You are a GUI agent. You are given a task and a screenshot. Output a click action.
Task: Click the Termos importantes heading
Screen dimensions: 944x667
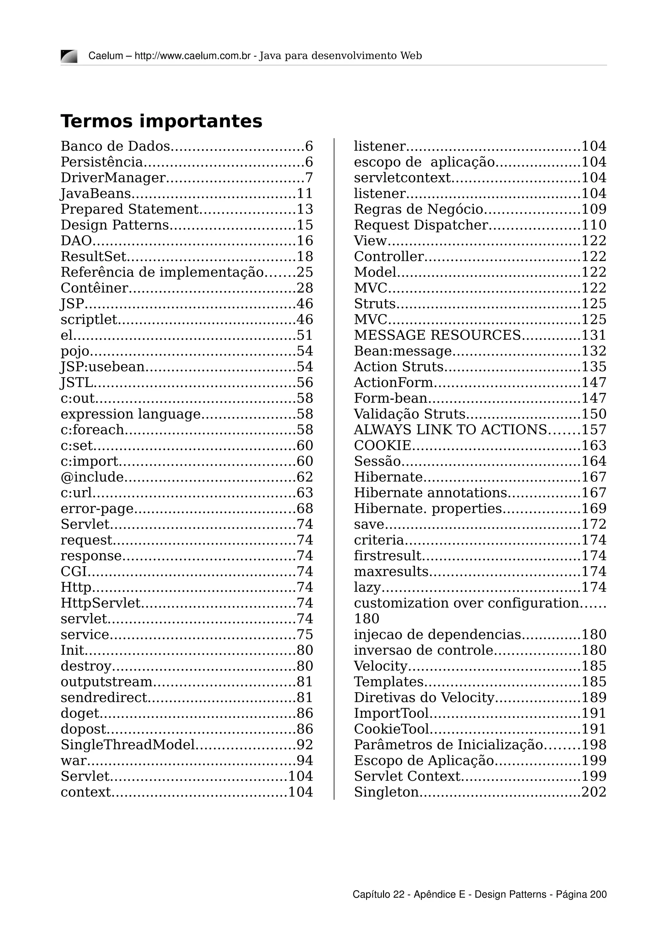tap(161, 121)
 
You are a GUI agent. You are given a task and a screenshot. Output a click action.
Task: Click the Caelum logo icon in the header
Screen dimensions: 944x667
tap(69, 56)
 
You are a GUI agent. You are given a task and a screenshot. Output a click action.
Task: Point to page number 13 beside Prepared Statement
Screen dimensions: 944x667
tap(305, 209)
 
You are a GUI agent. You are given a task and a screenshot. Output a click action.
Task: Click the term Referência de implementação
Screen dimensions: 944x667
tap(162, 272)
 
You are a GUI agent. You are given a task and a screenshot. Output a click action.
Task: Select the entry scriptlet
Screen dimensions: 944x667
tap(89, 320)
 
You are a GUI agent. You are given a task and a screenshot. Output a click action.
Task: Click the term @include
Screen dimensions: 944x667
tap(92, 477)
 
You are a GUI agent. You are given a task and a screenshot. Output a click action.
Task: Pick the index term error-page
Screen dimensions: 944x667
tap(97, 508)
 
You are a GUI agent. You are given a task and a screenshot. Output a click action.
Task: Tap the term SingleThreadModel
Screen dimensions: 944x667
tap(127, 745)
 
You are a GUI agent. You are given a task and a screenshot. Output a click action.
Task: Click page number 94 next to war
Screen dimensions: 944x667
tap(305, 760)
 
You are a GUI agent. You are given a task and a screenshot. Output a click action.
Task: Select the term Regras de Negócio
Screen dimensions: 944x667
tap(419, 209)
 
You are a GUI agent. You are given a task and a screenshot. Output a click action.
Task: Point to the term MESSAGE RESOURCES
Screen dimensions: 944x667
tap(437, 335)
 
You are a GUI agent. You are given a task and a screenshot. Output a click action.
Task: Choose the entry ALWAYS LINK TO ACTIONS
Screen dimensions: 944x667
tap(450, 430)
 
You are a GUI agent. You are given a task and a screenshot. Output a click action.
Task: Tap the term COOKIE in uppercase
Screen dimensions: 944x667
tap(382, 445)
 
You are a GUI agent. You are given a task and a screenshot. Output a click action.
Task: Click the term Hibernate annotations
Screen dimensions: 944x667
tap(430, 493)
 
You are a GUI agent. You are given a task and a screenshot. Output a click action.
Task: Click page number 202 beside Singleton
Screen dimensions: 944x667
tap(594, 792)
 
